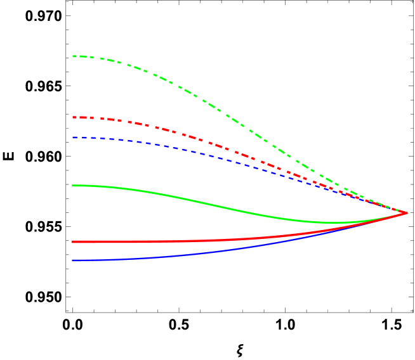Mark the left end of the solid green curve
tap(72, 186)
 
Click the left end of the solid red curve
tap(72, 241)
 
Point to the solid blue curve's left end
tap(72, 260)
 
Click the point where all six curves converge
tap(407, 213)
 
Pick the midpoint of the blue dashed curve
tap(240, 162)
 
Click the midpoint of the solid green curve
tap(240, 211)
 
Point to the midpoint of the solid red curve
tap(240, 239)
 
